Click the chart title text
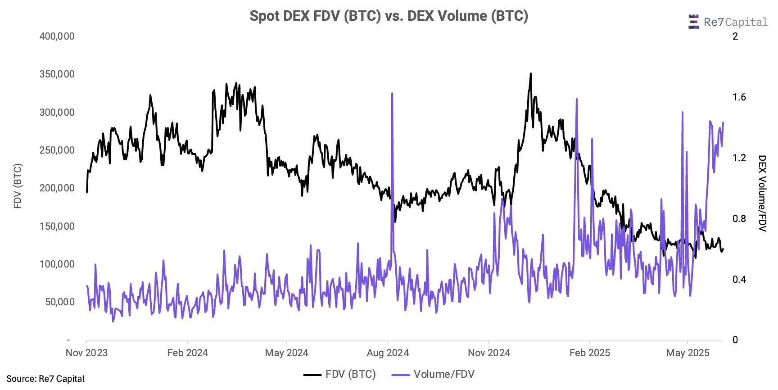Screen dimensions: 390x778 pyautogui.click(x=389, y=16)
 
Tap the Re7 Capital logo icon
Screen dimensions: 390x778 pyautogui.click(x=693, y=22)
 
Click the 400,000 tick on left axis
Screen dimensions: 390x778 pyautogui.click(x=57, y=36)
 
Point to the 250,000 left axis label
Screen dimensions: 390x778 pyautogui.click(x=57, y=150)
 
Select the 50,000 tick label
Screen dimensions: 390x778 pyautogui.click(x=60, y=302)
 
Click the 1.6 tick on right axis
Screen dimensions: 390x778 pyautogui.click(x=739, y=97)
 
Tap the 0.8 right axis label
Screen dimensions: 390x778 pyautogui.click(x=739, y=219)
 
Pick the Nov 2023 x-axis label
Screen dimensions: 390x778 pyautogui.click(x=87, y=353)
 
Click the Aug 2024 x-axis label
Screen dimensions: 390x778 pyautogui.click(x=388, y=353)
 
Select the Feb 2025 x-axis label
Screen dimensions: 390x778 pyautogui.click(x=590, y=353)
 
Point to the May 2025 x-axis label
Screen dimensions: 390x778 pyautogui.click(x=688, y=353)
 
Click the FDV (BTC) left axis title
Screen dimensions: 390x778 pyautogui.click(x=18, y=186)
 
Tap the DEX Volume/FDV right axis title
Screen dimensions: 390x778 pyautogui.click(x=762, y=193)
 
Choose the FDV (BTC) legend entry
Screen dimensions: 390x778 pyautogui.click(x=340, y=375)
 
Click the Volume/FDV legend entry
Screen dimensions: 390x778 pyautogui.click(x=434, y=375)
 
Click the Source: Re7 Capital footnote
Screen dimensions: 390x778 pyautogui.click(x=45, y=379)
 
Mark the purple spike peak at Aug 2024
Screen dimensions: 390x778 pyautogui.click(x=392, y=94)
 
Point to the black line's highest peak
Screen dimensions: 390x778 pyautogui.click(x=531, y=73)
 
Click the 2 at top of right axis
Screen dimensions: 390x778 pyautogui.click(x=735, y=36)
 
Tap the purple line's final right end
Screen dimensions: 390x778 pyautogui.click(x=723, y=122)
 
